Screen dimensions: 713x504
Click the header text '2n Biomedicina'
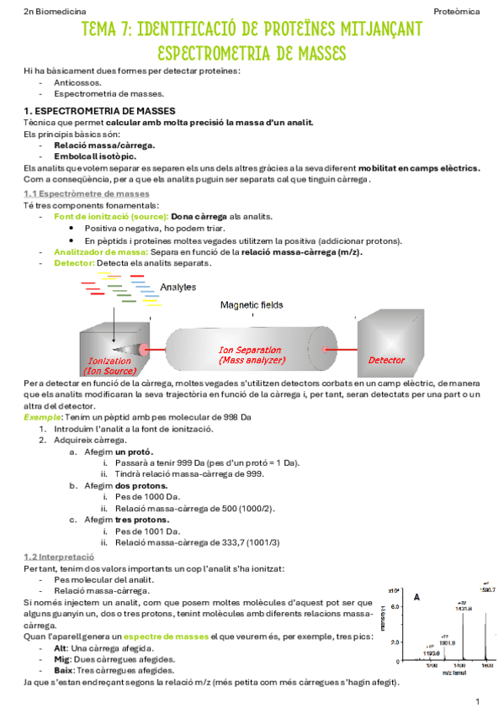(51, 11)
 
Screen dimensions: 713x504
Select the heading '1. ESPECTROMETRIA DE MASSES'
(99, 111)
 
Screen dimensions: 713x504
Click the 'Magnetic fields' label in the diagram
(252, 304)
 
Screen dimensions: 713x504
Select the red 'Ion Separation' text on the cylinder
(250, 349)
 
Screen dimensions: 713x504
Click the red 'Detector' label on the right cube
(387, 360)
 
